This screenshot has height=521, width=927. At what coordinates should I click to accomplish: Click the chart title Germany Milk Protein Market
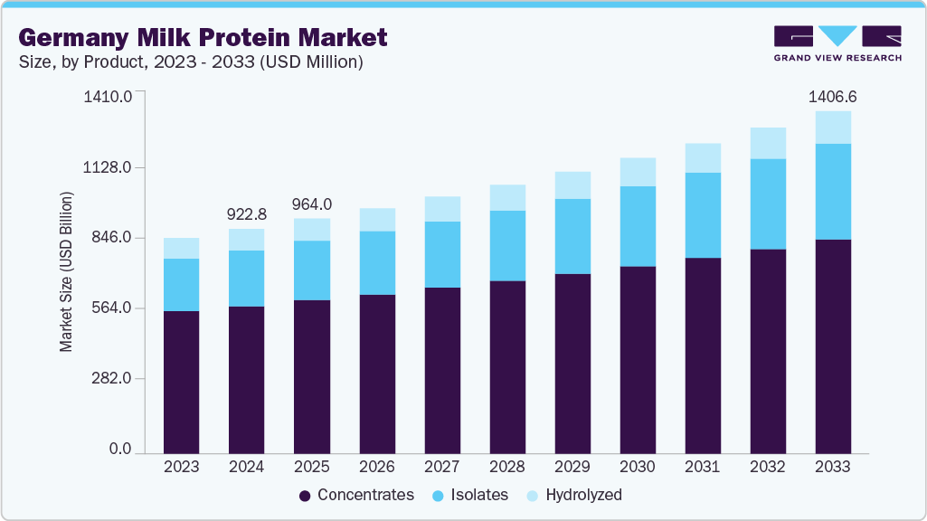(x=203, y=37)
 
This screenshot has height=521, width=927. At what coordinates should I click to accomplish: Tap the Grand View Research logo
(x=837, y=43)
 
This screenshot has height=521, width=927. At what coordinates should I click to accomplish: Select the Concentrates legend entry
(x=356, y=495)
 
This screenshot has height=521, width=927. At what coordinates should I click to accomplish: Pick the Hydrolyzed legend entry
(x=574, y=495)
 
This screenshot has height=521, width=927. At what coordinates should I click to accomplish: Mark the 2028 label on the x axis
(x=507, y=467)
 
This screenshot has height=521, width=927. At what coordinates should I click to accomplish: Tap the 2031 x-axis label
(x=703, y=467)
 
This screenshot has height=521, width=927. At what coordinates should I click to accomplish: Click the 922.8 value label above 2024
(x=247, y=214)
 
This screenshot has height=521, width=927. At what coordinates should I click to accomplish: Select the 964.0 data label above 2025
(x=312, y=204)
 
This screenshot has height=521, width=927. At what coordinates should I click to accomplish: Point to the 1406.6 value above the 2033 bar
(x=833, y=95)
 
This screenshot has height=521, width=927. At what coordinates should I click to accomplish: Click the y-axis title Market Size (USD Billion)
(x=66, y=271)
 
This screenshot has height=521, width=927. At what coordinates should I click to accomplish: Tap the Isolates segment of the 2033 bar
(x=833, y=191)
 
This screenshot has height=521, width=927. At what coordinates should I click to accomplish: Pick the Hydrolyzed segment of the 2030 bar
(x=638, y=172)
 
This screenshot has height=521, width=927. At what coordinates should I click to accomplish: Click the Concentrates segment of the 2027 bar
(x=442, y=370)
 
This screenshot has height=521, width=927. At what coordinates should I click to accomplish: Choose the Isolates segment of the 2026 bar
(x=377, y=262)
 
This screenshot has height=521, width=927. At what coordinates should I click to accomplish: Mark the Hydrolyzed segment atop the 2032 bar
(x=768, y=143)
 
